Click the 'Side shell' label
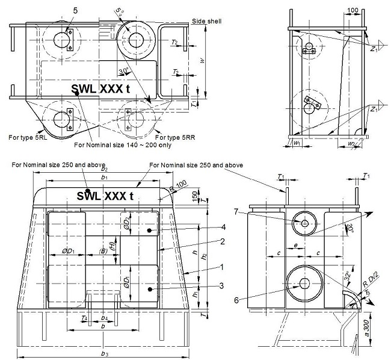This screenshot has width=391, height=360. pyautogui.click(x=206, y=21)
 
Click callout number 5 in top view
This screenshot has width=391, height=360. pyautogui.click(x=75, y=10)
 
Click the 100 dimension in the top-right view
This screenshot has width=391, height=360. pyautogui.click(x=353, y=11)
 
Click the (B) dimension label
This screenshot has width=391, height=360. pyautogui.click(x=103, y=250)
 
